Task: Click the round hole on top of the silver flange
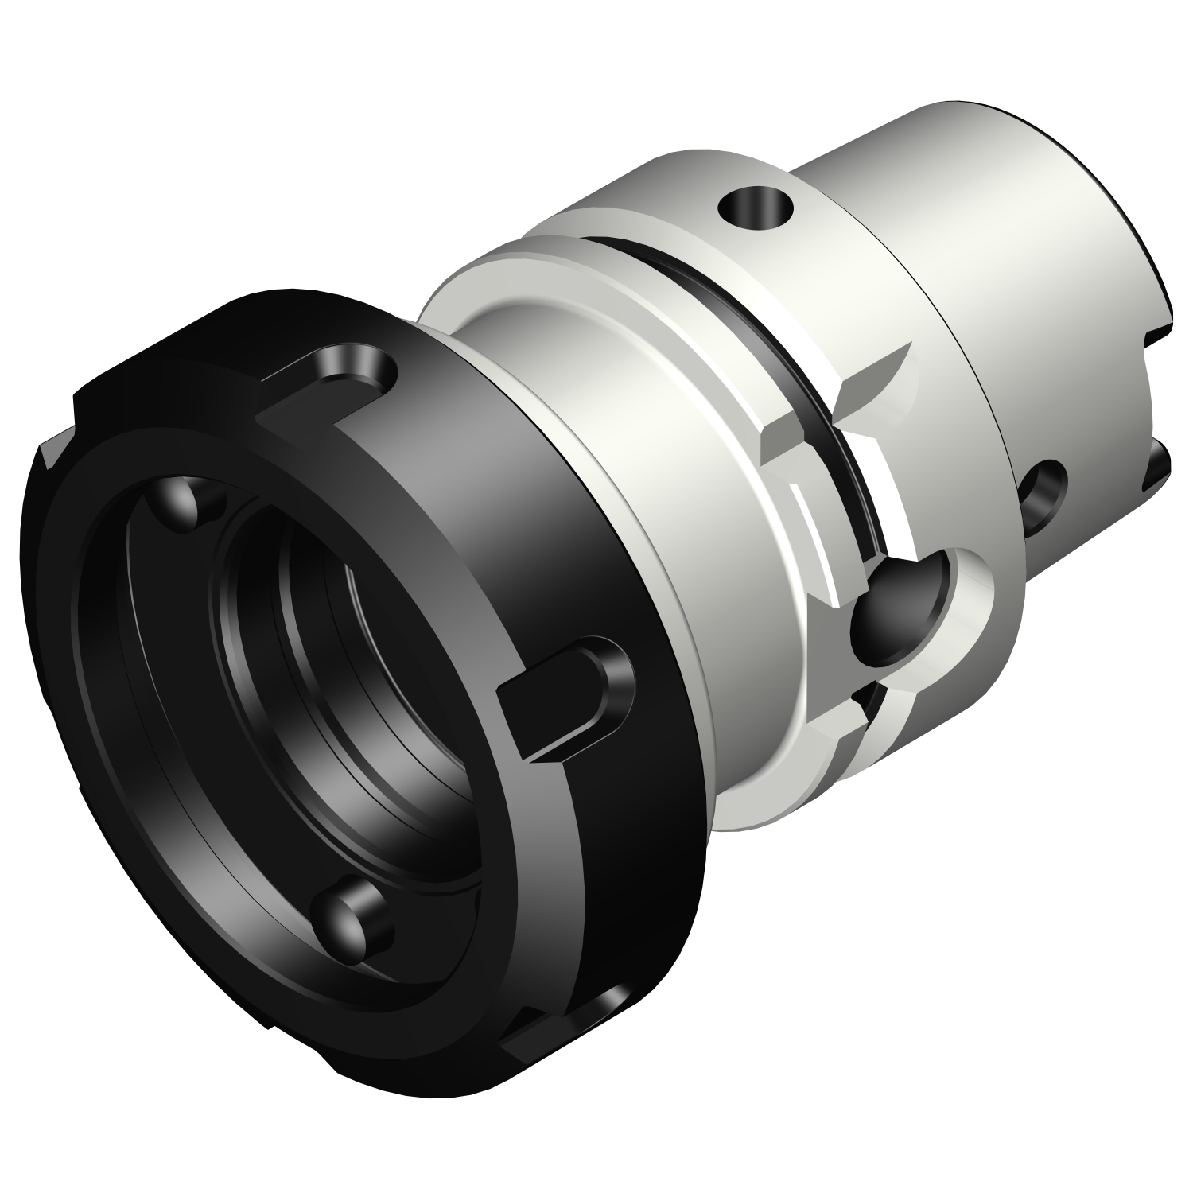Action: pyautogui.click(x=755, y=208)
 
